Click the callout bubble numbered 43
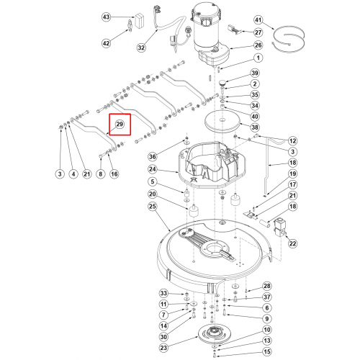pyautogui.click(x=106, y=17)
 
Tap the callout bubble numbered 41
pyautogui.click(x=258, y=20)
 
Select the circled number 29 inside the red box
pyautogui.click(x=120, y=125)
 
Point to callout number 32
pyautogui.click(x=141, y=48)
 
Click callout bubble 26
pyautogui.click(x=258, y=45)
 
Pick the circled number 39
pyautogui.click(x=255, y=73)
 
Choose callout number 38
pyautogui.click(x=255, y=127)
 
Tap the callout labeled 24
pyautogui.click(x=153, y=169)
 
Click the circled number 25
pyautogui.click(x=153, y=207)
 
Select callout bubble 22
pyautogui.click(x=292, y=243)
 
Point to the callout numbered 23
pyautogui.click(x=163, y=348)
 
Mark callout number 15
pyautogui.click(x=267, y=352)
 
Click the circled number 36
pyautogui.click(x=153, y=157)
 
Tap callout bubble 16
pyautogui.click(x=114, y=174)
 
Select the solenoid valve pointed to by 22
pyautogui.click(x=279, y=227)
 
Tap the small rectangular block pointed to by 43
pyautogui.click(x=140, y=21)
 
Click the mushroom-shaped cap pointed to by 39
pyautogui.click(x=223, y=83)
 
